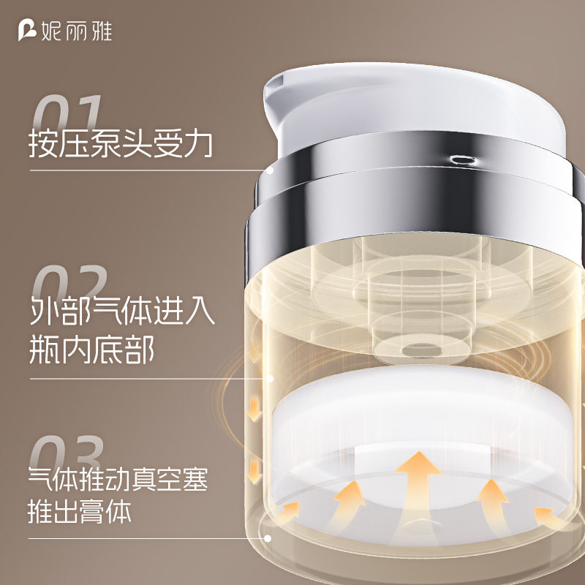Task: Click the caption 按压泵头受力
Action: (x=121, y=144)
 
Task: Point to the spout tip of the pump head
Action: (x=271, y=91)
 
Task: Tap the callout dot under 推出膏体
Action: (x=271, y=540)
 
